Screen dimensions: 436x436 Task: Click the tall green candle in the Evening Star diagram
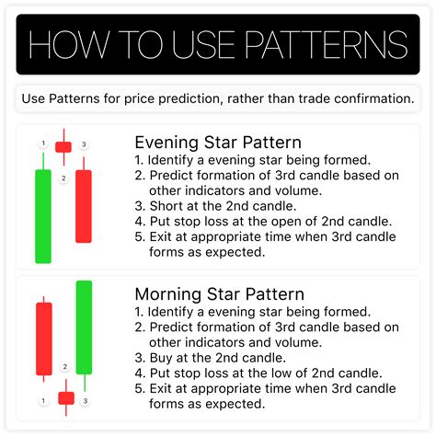tap(42, 215)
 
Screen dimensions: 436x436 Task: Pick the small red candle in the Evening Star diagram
tap(63, 146)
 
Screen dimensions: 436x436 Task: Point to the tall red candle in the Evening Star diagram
tap(84, 206)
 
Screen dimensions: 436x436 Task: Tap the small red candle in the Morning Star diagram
tap(65, 397)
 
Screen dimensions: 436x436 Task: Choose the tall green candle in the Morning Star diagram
tap(85, 327)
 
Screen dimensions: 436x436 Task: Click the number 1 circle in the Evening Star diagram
tap(43, 144)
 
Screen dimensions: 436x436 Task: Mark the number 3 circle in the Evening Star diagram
tap(84, 144)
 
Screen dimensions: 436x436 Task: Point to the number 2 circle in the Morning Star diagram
tap(64, 367)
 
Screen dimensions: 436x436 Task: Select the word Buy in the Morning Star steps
tap(166, 356)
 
